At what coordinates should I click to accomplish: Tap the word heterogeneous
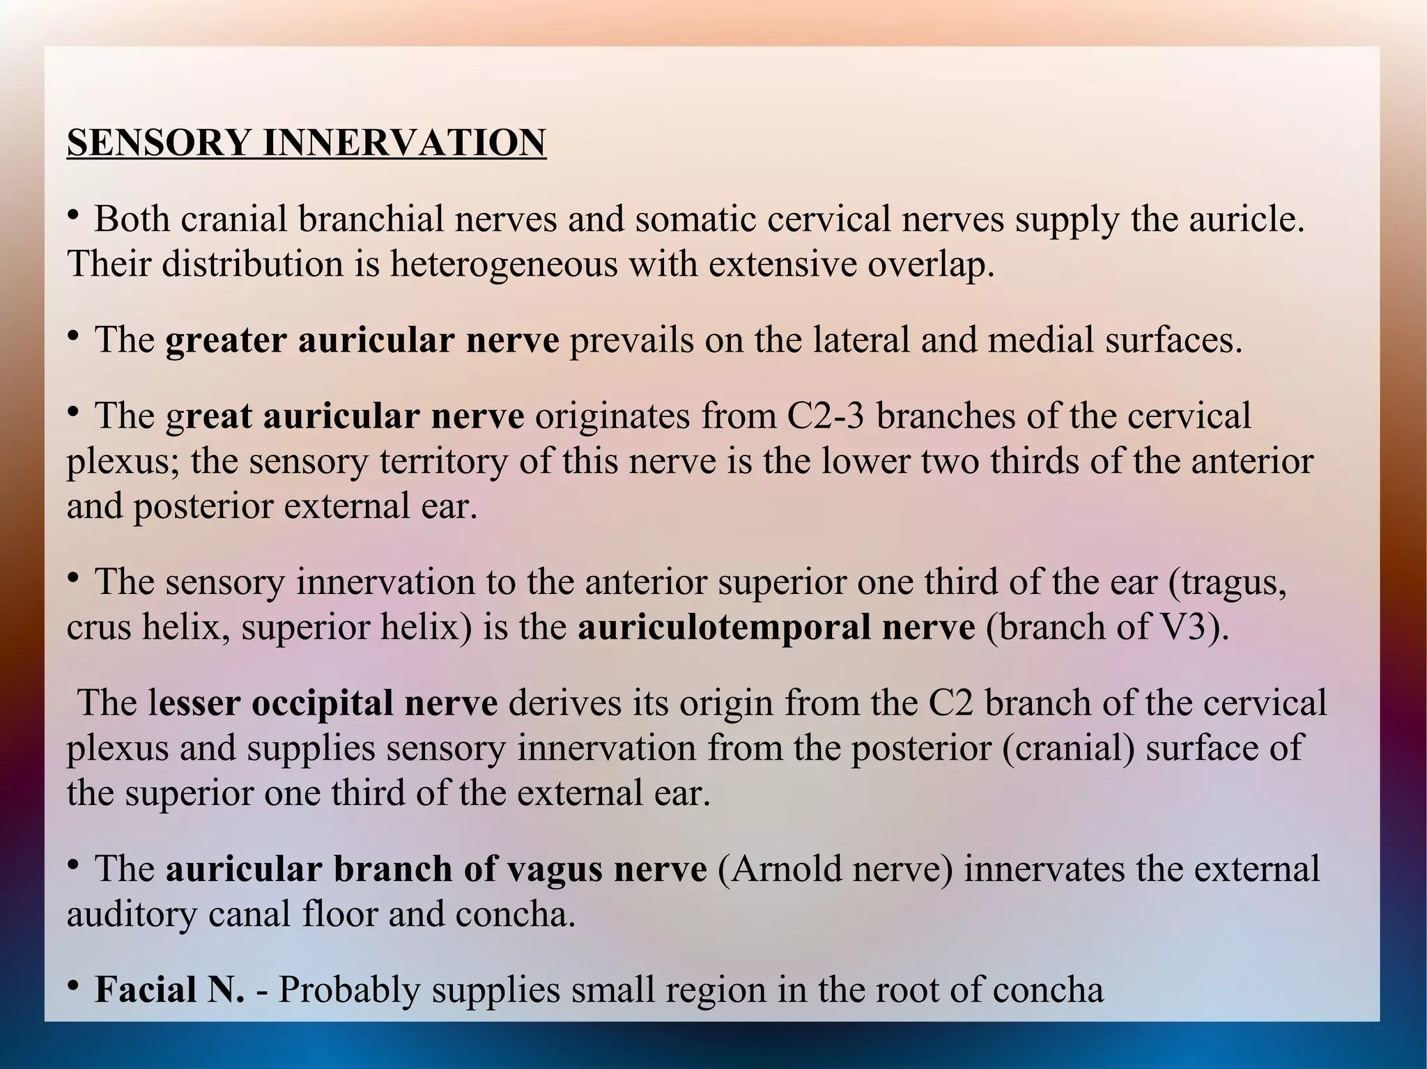point(503,265)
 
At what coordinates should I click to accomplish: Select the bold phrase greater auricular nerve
point(362,341)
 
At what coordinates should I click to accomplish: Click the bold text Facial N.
point(169,990)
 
